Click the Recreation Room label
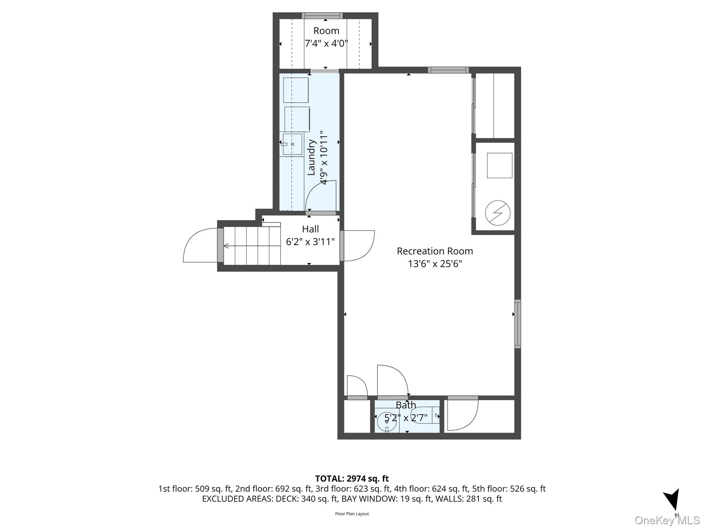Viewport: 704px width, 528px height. [435, 251]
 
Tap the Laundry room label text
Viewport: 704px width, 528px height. [311, 157]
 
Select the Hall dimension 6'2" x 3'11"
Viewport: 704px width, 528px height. [310, 242]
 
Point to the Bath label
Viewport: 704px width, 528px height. [406, 405]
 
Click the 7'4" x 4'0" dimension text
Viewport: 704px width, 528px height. [326, 44]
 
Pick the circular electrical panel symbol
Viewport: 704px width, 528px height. [498, 213]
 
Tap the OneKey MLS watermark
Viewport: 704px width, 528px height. [667, 520]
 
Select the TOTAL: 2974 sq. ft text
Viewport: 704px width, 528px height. [352, 478]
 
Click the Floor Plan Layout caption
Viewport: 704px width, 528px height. [352, 514]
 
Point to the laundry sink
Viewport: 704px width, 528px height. [292, 144]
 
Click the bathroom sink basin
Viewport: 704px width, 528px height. [387, 422]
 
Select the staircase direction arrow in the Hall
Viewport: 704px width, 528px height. [252, 246]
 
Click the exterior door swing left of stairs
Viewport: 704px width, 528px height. [200, 245]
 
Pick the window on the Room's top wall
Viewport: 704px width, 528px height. [322, 15]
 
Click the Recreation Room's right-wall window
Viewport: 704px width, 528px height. [517, 324]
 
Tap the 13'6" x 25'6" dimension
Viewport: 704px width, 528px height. [435, 264]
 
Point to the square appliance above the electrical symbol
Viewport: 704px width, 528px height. [499, 165]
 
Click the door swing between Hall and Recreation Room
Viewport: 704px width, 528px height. [359, 246]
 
